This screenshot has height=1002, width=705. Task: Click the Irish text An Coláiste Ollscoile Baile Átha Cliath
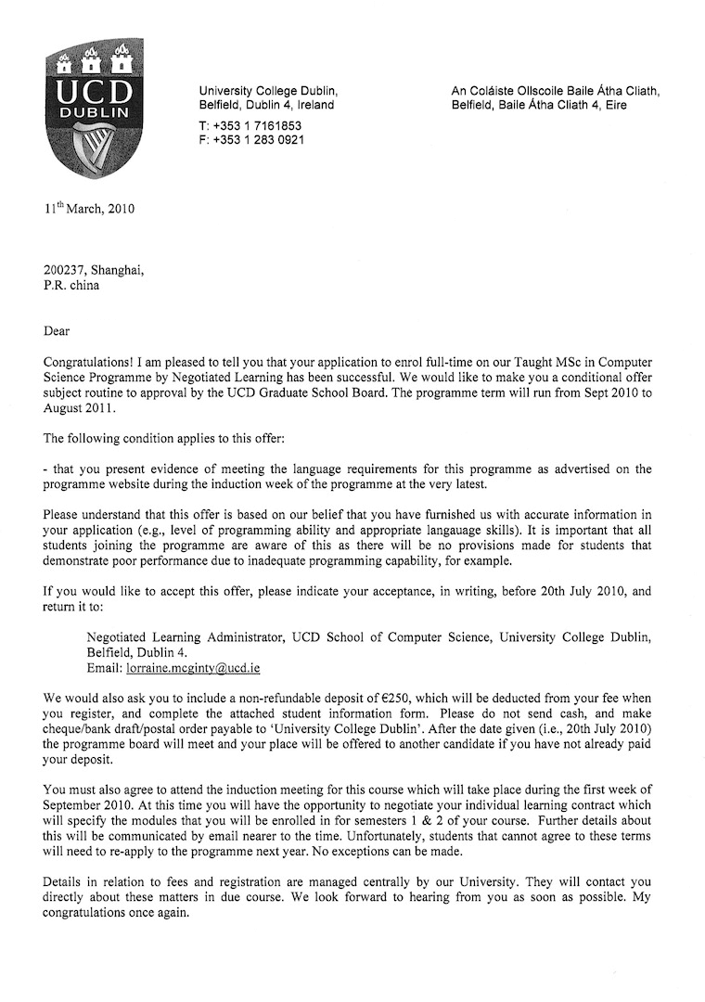555,91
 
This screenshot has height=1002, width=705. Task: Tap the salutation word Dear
57,331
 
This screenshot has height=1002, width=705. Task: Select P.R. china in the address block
70,286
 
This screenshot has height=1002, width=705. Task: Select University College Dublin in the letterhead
268,91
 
